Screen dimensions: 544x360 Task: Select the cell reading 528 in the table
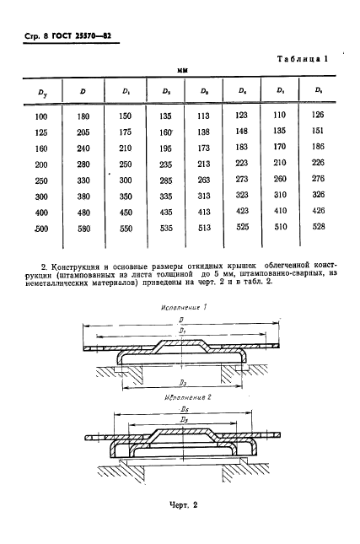coord(317,227)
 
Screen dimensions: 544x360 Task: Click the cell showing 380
coord(83,195)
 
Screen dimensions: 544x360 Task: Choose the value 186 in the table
coord(317,148)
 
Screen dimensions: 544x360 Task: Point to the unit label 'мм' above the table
coord(180,71)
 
